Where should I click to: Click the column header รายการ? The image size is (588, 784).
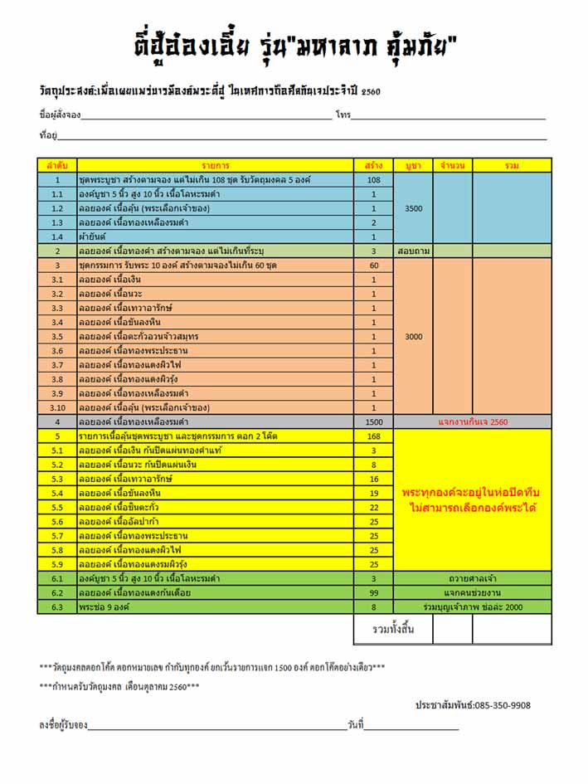coord(214,165)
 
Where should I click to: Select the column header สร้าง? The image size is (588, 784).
coord(373,165)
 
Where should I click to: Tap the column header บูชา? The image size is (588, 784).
coord(413,165)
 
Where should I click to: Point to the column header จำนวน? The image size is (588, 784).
coord(453,165)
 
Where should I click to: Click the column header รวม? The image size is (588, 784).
coord(512,165)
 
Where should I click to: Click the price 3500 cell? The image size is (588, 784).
coord(413,208)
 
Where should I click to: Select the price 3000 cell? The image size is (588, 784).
coord(413,337)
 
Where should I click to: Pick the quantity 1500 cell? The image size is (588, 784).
coord(373,422)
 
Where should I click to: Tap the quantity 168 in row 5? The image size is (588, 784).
coord(373,436)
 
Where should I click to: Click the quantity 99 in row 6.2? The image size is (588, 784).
coord(373,593)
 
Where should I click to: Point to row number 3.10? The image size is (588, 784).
coord(57,408)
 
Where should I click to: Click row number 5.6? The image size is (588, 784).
coord(57,522)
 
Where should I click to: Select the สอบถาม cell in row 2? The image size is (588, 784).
coord(413,251)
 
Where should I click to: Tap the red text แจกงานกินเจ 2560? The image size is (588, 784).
coord(473,422)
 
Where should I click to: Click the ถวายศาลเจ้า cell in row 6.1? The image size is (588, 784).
coord(473,579)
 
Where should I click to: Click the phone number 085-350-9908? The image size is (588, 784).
coord(473,705)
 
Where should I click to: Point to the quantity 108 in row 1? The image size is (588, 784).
coord(373,180)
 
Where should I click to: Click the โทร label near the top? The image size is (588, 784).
coord(343,114)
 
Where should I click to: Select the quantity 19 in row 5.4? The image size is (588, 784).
coord(373,494)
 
